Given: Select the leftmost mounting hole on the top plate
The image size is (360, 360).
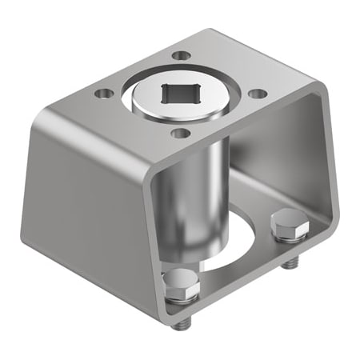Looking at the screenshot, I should click(102, 94).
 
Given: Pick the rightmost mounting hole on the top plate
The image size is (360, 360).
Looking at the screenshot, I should click(257, 94).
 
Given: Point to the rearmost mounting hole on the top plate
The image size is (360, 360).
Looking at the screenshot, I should click(182, 56).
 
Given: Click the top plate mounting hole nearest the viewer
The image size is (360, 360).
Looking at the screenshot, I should click(181, 133).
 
